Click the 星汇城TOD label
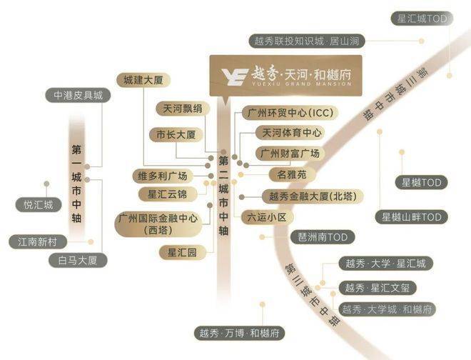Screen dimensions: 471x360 click(x=422, y=19)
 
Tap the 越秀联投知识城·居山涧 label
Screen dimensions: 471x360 click(x=307, y=41)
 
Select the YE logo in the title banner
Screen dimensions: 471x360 click(x=235, y=76)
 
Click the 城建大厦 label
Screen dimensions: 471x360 click(x=143, y=80)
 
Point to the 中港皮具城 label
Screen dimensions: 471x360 click(x=78, y=95)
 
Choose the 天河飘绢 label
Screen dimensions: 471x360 click(x=182, y=109)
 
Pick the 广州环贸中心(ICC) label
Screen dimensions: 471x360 click(x=290, y=113)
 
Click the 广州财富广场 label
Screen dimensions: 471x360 click(x=290, y=154)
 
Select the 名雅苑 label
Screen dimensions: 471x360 click(x=292, y=174)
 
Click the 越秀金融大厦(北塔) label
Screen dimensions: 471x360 click(x=313, y=196)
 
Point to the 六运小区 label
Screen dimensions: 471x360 click(x=267, y=217)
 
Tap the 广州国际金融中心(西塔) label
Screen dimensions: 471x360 click(x=158, y=224)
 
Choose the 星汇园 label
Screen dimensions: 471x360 click(x=182, y=252)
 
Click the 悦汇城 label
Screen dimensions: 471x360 click(x=39, y=205)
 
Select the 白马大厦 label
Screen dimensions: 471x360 click(x=78, y=260)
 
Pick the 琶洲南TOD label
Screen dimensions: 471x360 click(x=323, y=237)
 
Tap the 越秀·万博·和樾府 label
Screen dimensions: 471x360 click(x=239, y=333)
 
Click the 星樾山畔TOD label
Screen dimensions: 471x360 click(x=411, y=217)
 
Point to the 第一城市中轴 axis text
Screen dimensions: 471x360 click(x=76, y=184)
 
